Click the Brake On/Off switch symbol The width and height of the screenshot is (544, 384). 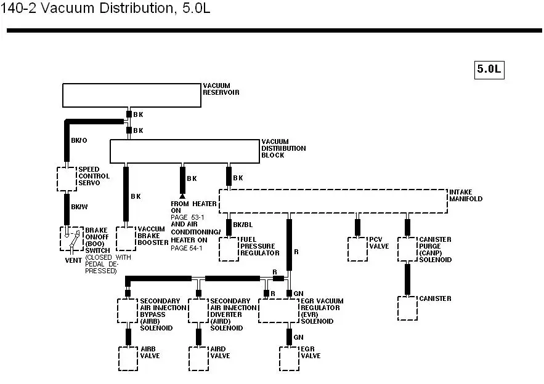[x=72, y=239]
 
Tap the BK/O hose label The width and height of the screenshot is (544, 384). [x=79, y=140]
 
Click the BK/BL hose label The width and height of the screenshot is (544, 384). [x=243, y=225]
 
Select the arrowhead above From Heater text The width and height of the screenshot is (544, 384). [x=182, y=196]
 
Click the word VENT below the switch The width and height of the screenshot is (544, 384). [x=73, y=260]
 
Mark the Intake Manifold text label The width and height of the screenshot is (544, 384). [x=466, y=196]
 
